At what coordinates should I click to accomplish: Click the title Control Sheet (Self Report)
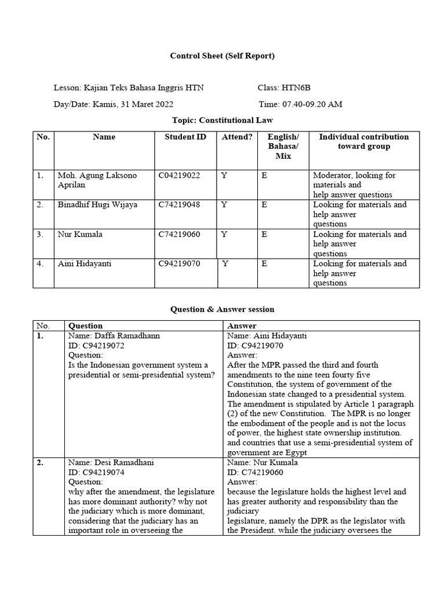click(222, 56)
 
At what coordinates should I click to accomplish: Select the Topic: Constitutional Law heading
click(222, 120)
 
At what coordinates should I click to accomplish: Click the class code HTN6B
click(297, 88)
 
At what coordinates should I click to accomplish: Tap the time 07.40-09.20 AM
click(312, 104)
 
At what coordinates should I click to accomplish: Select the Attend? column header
click(237, 137)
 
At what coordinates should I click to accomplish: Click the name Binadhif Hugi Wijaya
click(97, 205)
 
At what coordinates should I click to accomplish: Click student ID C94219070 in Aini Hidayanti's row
click(180, 264)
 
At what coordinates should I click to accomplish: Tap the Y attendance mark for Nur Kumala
click(224, 235)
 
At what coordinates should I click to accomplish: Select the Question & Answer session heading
click(222, 309)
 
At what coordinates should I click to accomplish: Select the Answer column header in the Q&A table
click(242, 326)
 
